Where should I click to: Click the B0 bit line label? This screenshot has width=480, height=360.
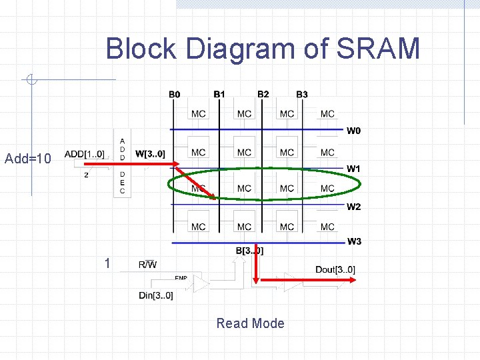tap(174, 95)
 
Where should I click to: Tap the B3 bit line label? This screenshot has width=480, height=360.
tap(302, 95)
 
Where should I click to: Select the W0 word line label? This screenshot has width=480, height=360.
tap(353, 131)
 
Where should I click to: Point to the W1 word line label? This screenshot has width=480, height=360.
tap(353, 169)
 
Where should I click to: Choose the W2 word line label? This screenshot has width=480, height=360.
tap(353, 207)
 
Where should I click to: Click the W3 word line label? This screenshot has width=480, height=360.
tap(353, 241)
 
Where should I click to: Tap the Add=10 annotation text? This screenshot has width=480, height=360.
tap(27, 159)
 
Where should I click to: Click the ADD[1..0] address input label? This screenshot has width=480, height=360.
tap(84, 155)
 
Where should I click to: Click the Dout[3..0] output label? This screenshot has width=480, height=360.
tap(335, 269)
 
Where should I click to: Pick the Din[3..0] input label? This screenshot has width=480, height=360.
tap(156, 295)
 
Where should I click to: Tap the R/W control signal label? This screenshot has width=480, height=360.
tap(147, 265)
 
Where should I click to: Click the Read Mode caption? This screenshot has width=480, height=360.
tap(250, 323)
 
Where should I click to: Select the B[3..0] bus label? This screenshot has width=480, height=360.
tap(250, 251)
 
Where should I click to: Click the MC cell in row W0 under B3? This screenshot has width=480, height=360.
tap(327, 114)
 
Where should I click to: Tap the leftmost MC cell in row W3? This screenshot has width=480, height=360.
tap(198, 227)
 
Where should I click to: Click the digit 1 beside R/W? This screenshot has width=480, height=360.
tap(107, 263)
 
